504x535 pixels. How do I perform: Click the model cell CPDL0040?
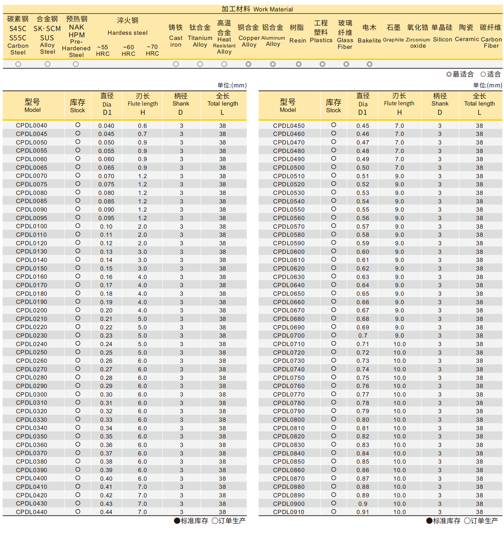click(31, 125)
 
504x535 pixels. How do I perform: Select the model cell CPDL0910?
click(288, 512)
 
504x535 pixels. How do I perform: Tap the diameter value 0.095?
click(106, 218)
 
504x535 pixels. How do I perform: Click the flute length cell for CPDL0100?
click(142, 226)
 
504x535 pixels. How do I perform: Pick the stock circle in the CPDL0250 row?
click(78, 352)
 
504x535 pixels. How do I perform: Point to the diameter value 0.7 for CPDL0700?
click(363, 336)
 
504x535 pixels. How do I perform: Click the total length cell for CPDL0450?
click(479, 126)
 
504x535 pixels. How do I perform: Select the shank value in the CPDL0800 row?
click(440, 420)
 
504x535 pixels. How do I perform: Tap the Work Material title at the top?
click(257, 9)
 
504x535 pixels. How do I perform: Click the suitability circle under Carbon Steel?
click(18, 64)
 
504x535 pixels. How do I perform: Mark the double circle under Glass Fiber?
click(346, 64)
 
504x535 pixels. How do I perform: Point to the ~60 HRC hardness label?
click(128, 50)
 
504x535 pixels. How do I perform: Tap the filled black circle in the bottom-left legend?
click(177, 521)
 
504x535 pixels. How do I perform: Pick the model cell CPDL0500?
click(288, 168)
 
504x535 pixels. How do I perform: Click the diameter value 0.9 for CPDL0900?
click(363, 504)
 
